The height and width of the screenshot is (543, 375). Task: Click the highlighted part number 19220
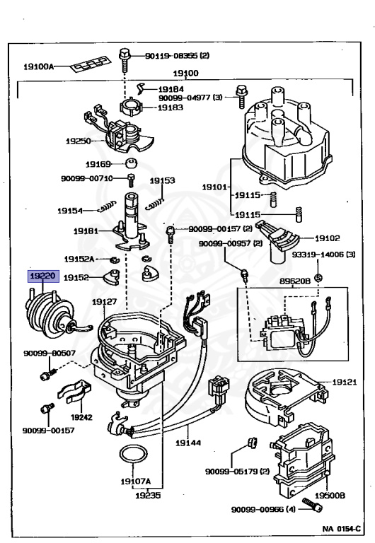(x=43, y=276)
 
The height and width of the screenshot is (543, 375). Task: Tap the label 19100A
(x=38, y=66)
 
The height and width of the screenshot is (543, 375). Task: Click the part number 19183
(x=171, y=107)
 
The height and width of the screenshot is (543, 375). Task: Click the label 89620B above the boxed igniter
(x=295, y=281)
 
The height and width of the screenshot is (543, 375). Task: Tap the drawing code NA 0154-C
(x=341, y=529)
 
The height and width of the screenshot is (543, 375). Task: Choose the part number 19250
(x=79, y=141)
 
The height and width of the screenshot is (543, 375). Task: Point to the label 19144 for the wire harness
(x=188, y=443)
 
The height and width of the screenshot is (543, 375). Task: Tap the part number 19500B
(x=330, y=496)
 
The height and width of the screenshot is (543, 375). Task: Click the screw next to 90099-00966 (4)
(x=313, y=506)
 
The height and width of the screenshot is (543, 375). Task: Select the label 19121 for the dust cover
(x=345, y=382)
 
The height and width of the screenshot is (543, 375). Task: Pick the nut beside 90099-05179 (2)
(x=252, y=443)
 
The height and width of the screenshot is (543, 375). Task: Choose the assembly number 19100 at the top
(x=186, y=74)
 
